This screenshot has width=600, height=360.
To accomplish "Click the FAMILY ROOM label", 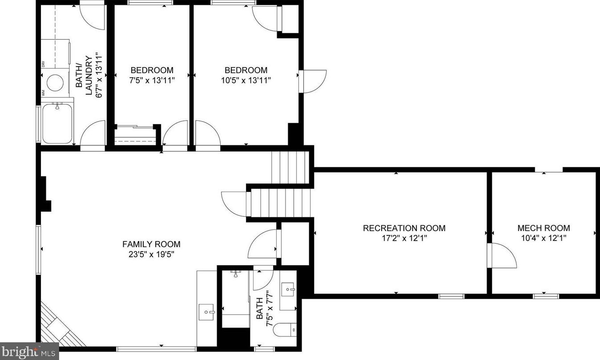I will (151, 244).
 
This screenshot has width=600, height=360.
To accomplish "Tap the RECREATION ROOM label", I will (404, 228).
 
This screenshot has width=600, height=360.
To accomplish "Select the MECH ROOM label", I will (544, 228).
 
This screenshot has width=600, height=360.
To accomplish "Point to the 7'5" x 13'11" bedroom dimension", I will (152, 80).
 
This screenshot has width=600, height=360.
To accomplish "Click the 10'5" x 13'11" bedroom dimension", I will (246, 80).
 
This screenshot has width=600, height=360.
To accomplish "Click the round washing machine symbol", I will (56, 82).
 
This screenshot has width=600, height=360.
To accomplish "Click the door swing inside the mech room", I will (503, 256).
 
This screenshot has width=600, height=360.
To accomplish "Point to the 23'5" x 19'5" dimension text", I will (151, 255).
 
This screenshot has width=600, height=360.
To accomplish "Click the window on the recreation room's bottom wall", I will (451, 296).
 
